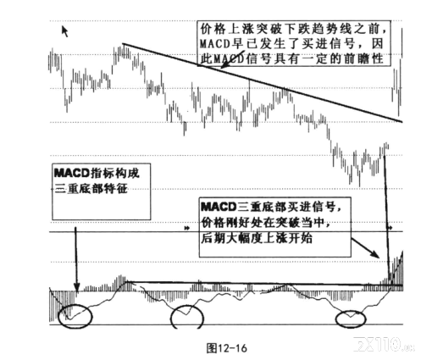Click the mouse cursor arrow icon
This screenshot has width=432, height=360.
(65, 31)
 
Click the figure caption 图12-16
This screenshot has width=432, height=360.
(226, 347)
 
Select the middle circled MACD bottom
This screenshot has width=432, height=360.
(187, 307)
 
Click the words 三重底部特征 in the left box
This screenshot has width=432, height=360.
(91, 188)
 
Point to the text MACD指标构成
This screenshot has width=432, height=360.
(97, 173)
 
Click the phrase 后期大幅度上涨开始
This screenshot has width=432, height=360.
(257, 238)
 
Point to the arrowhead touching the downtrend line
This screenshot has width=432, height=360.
(223, 67)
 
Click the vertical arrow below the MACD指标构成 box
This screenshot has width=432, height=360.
(76, 258)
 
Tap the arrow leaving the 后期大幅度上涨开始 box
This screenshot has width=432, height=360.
(365, 248)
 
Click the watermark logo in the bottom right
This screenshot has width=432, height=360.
(385, 344)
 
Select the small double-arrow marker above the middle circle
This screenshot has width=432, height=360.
(186, 228)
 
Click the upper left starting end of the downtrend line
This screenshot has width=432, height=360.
(123, 44)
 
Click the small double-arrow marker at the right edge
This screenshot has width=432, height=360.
(390, 228)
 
